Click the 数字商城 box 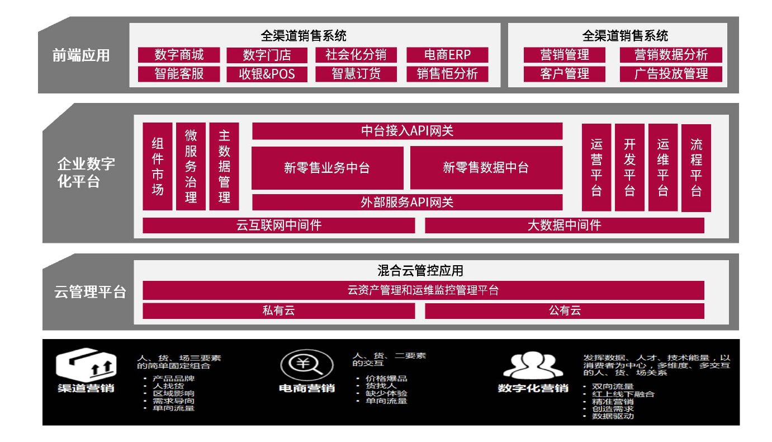tap(179, 55)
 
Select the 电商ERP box tap(447, 55)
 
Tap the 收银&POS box tap(267, 74)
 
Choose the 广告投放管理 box tap(671, 74)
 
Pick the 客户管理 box tap(565, 74)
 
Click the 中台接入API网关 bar tap(407, 131)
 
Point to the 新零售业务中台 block tap(327, 168)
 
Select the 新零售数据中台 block tap(486, 168)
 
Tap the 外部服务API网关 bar tap(407, 202)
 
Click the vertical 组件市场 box tap(158, 166)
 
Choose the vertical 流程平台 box tap(696, 168)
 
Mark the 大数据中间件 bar tap(564, 225)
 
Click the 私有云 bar tap(278, 311)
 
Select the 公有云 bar tap(564, 311)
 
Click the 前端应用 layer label tap(81, 55)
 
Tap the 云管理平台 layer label tap(90, 292)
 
